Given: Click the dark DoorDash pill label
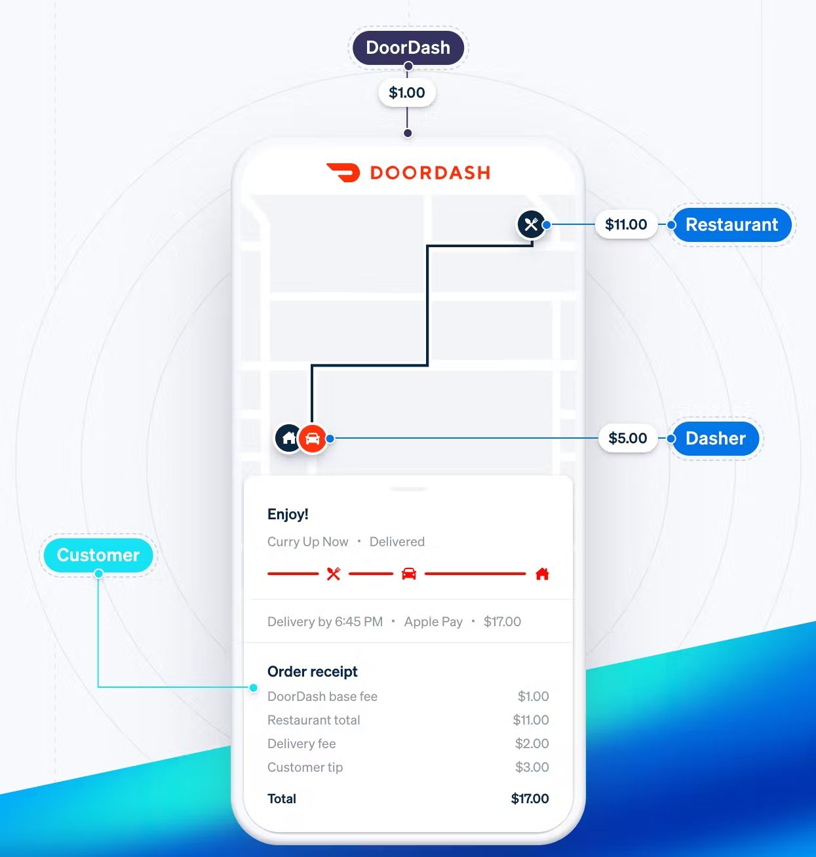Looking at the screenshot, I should point(408,48).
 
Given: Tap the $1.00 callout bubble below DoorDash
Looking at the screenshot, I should point(407,92).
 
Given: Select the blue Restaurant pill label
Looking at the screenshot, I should point(731,225).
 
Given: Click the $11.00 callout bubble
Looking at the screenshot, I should point(626,225).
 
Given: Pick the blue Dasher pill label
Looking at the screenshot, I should point(715,439).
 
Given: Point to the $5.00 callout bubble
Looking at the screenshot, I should point(627,439).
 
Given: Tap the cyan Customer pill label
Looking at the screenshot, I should point(98,555).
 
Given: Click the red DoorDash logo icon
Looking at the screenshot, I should point(343,172).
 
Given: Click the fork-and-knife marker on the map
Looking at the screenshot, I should point(531,224).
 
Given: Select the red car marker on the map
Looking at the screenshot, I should point(313,439).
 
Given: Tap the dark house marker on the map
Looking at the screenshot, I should point(288,438).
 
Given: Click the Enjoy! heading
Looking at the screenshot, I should point(288,514).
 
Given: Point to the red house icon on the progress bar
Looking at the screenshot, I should point(542,574).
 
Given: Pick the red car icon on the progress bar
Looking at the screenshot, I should point(409,574).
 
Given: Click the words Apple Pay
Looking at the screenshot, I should point(433,622).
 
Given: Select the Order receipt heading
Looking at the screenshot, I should point(313,671).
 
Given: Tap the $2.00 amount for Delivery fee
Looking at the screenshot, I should point(532,744).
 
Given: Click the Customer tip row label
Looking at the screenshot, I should point(305,767).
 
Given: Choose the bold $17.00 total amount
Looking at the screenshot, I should point(530,799).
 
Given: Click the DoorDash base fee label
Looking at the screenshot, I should point(322,696).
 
